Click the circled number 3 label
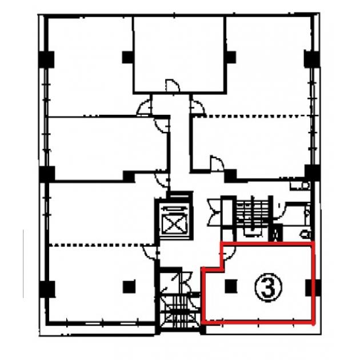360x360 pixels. (x=268, y=287)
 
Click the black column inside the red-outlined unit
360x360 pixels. (x=231, y=286)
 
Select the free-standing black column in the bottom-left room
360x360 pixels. (x=129, y=287)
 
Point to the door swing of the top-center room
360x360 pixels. (x=172, y=85)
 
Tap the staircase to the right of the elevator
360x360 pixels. (x=253, y=216)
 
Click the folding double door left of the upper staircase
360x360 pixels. (x=215, y=213)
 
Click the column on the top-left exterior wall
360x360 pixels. (x=47, y=59)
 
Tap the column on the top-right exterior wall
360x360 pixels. (x=312, y=59)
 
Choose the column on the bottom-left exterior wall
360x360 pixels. (x=47, y=289)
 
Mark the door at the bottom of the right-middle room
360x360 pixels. (x=217, y=163)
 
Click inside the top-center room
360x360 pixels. (x=179, y=53)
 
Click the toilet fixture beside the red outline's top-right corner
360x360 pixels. (x=306, y=235)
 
